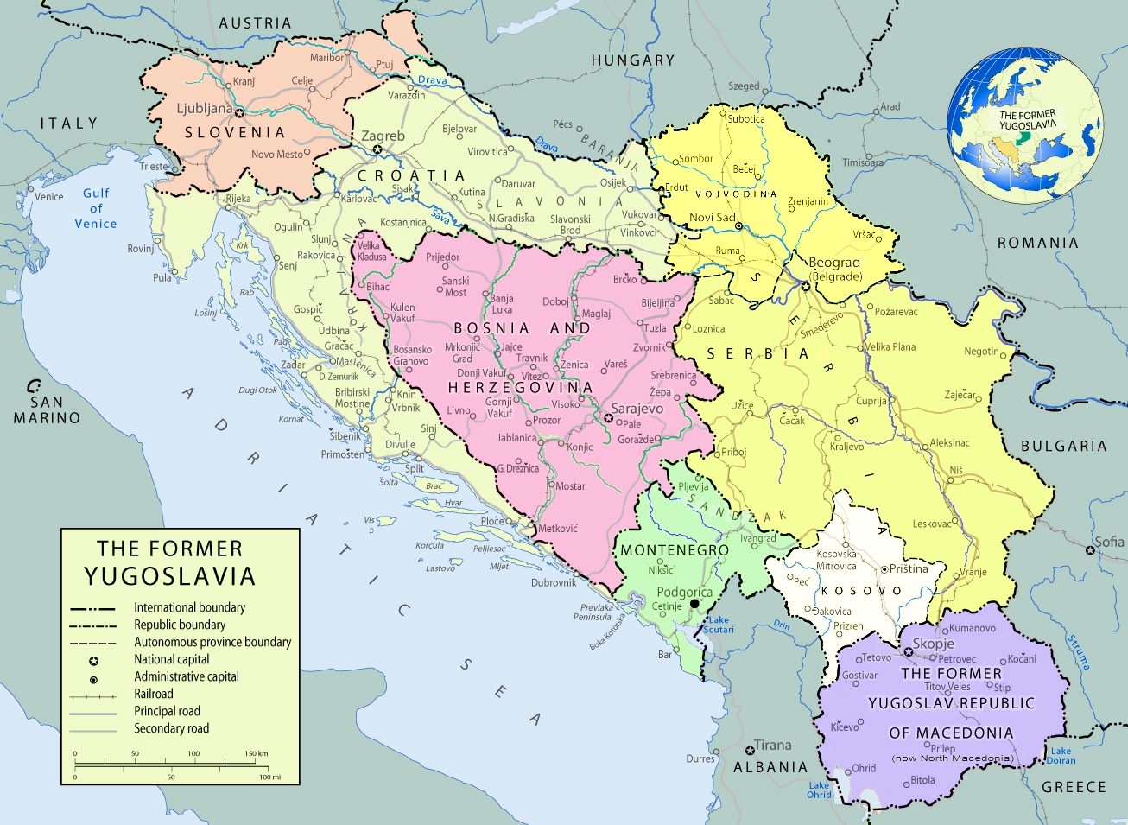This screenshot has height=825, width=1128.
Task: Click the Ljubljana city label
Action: click(205, 109)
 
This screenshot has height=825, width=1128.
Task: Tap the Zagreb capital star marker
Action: click(377, 149)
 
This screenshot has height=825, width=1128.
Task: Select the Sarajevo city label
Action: click(637, 409)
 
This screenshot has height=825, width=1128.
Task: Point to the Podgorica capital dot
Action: click(694, 604)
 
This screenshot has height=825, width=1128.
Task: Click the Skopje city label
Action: click(934, 644)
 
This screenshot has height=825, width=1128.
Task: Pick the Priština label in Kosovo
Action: click(909, 568)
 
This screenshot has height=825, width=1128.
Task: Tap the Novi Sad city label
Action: click(712, 218)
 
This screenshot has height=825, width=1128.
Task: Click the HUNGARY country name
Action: click(633, 60)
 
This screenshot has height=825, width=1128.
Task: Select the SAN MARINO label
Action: click(47, 409)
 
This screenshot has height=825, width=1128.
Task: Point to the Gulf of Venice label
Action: click(95, 208)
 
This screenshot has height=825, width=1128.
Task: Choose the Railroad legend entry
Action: click(154, 694)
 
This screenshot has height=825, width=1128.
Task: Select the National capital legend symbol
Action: click(93, 660)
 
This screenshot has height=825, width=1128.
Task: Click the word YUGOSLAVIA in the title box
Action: click(169, 577)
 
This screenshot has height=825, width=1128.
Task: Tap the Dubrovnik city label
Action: click(554, 582)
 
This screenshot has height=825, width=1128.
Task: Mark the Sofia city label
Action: click(1109, 542)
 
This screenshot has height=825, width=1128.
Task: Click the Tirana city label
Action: click(772, 745)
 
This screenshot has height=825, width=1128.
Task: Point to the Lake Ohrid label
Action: click(819, 790)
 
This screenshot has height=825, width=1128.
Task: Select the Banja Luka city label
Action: click(502, 304)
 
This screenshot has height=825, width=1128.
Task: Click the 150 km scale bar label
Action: click(256, 753)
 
